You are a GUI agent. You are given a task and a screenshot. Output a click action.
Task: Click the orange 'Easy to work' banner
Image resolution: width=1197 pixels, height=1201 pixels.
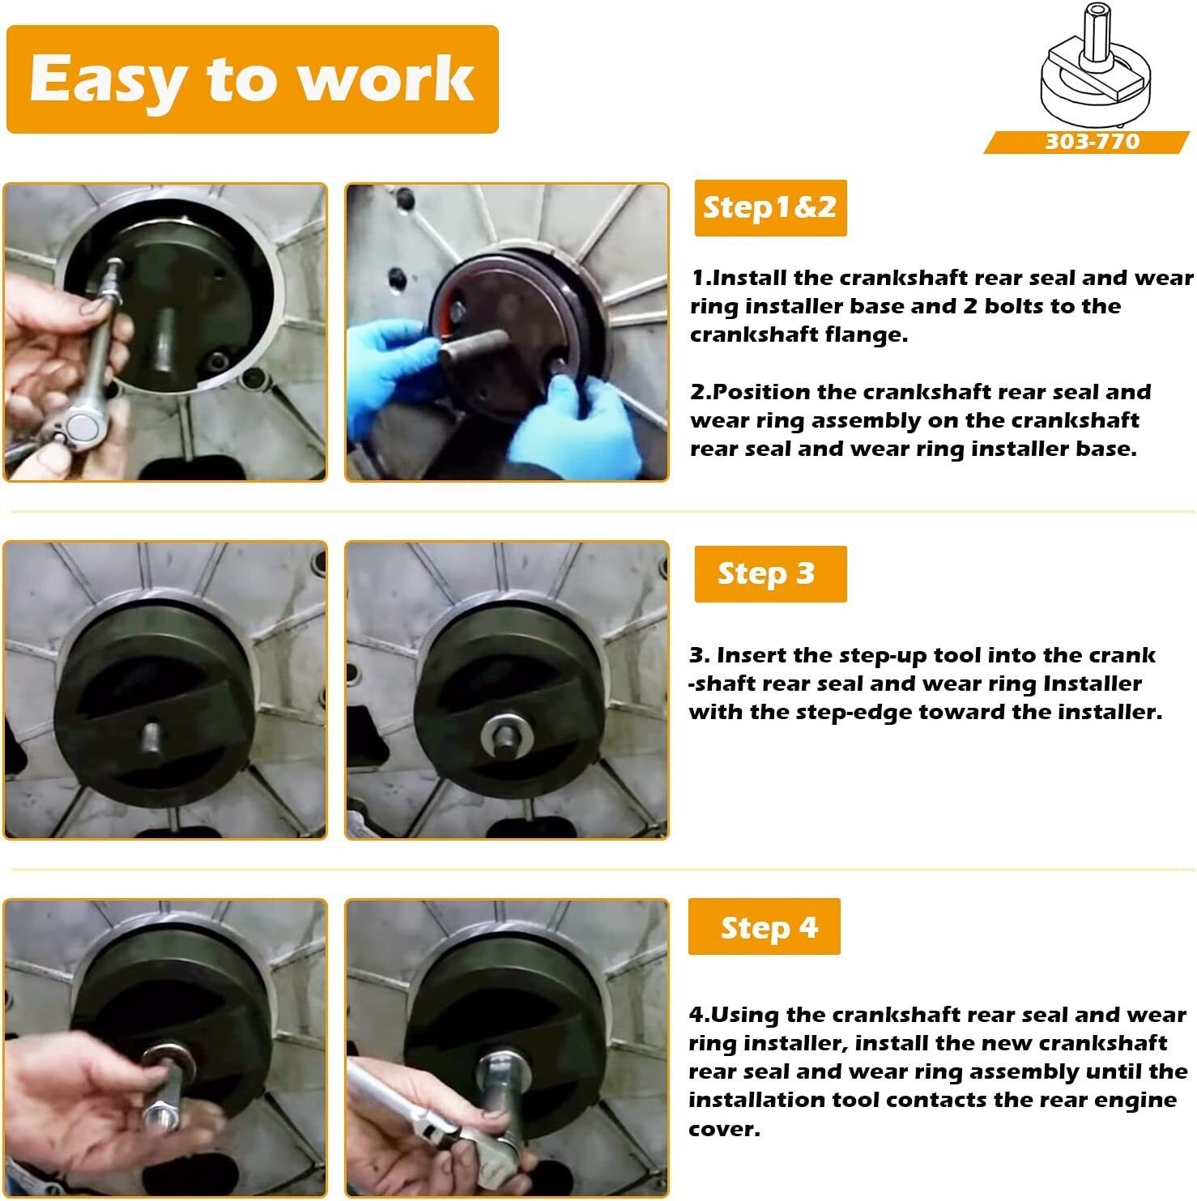pos(252,79)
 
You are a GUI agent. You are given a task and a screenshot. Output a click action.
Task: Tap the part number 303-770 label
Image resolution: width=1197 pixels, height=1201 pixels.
pos(1092,142)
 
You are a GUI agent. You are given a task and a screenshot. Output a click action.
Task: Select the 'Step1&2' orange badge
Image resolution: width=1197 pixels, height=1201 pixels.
pos(770,208)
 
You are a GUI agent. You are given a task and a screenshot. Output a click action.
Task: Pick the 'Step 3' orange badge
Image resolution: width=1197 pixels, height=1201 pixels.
pos(770,573)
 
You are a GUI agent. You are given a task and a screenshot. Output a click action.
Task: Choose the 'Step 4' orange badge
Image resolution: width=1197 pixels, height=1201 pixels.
pos(765,927)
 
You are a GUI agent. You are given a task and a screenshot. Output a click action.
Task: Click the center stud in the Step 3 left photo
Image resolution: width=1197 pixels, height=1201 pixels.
pos(151,737)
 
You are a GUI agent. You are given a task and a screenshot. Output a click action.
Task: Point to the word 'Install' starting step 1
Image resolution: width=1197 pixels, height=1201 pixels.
pos(750,278)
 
